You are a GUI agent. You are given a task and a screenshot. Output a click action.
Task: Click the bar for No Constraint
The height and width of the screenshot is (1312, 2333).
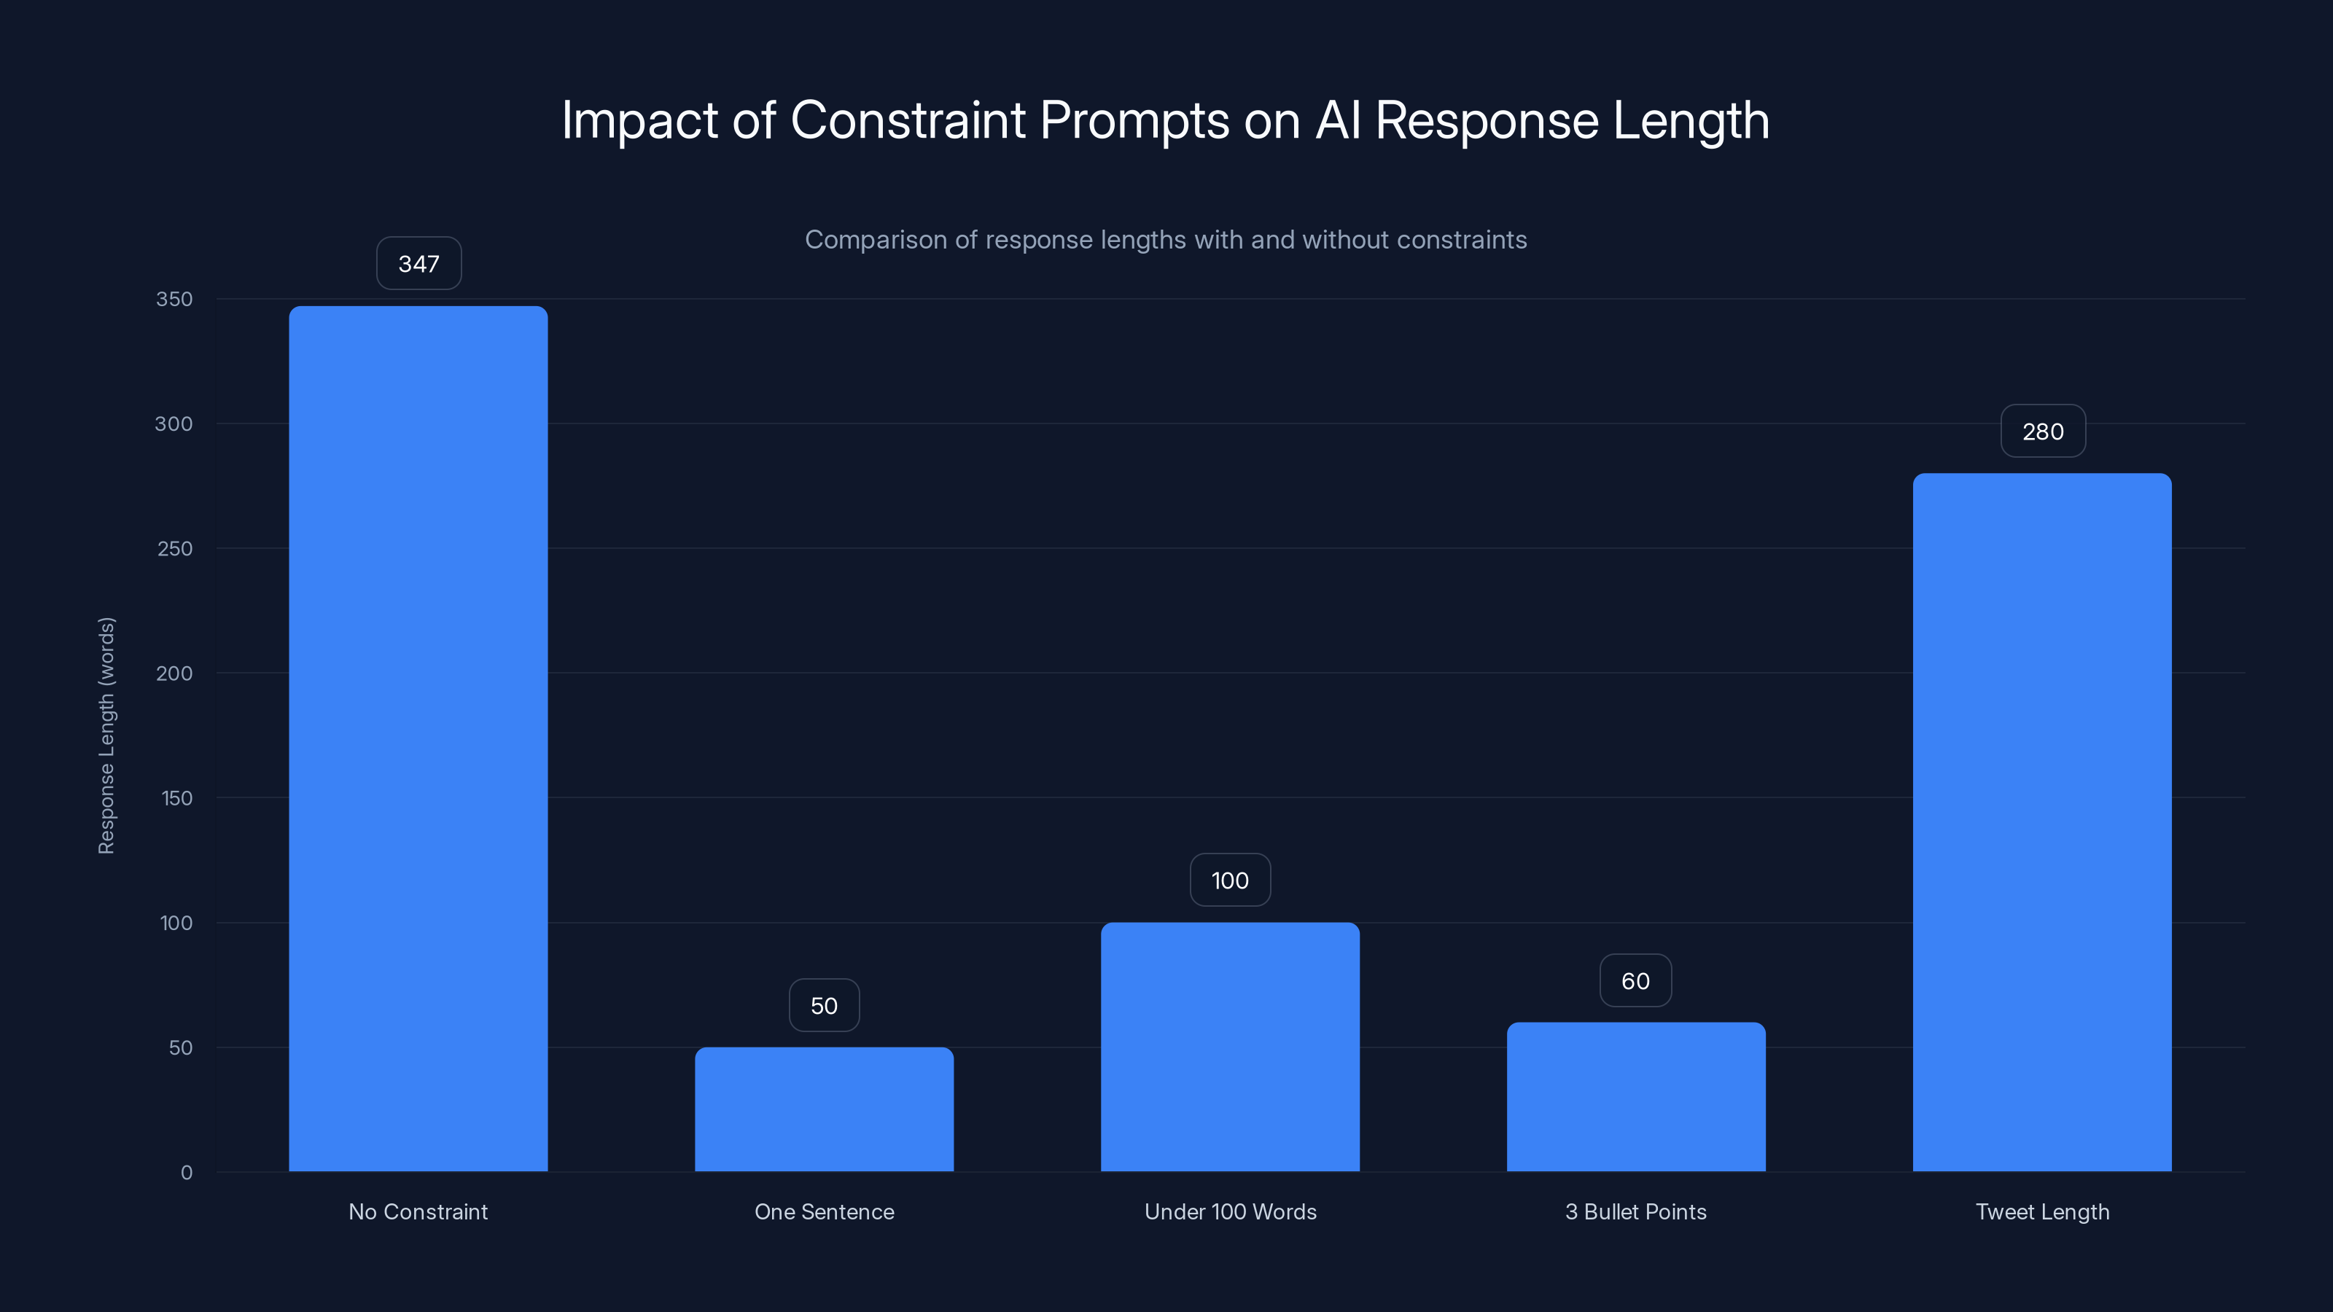click(x=418, y=738)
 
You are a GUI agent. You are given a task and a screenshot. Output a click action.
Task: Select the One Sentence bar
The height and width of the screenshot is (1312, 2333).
click(x=824, y=1109)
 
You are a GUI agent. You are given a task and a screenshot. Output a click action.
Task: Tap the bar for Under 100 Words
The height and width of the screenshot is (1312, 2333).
click(x=1230, y=1047)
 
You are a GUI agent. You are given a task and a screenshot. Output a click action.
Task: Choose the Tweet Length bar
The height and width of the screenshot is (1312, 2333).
click(x=2042, y=822)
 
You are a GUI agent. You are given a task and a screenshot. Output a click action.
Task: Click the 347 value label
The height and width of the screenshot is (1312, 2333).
click(x=418, y=263)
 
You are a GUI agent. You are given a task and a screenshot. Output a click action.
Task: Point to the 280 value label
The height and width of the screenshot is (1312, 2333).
click(x=2043, y=431)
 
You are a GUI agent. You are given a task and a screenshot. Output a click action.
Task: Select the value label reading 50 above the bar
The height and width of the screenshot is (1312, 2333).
click(x=824, y=1005)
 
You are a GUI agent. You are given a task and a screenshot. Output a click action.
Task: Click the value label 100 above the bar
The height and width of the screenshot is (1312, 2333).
click(x=1230, y=880)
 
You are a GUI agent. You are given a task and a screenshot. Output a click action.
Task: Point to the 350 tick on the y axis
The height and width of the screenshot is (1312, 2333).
click(x=174, y=299)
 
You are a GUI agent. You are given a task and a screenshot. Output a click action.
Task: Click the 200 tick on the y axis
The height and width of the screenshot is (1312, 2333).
click(x=174, y=673)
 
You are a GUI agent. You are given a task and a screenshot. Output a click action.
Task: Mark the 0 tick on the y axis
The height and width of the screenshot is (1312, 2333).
click(x=187, y=1173)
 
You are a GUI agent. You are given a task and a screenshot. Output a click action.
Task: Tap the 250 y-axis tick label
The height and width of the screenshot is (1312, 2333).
click(x=174, y=549)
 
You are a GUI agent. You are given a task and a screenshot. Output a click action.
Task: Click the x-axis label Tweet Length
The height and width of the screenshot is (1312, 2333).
click(x=2042, y=1211)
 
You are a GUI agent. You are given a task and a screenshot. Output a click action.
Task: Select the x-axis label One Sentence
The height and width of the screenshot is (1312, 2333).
click(x=824, y=1211)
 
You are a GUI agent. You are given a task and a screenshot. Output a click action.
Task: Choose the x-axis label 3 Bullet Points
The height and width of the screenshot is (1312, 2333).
click(x=1635, y=1211)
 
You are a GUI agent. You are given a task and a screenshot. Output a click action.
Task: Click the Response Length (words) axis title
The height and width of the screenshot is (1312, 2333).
click(x=106, y=735)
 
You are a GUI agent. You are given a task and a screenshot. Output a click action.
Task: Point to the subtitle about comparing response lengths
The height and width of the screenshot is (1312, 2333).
click(x=1166, y=239)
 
